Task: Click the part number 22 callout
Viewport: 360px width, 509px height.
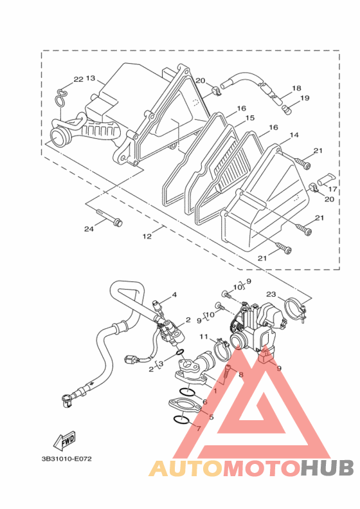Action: tap(78, 79)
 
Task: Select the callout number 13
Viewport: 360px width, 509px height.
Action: tap(91, 79)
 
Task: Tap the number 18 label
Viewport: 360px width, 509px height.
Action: tap(296, 88)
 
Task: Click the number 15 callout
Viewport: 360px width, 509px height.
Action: tap(249, 118)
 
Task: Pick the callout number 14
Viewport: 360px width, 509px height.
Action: tap(294, 134)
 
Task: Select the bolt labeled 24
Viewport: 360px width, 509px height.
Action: tap(109, 217)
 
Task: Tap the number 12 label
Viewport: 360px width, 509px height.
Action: tap(147, 236)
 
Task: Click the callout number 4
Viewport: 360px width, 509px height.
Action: tap(174, 295)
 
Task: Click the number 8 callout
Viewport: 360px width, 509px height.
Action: tap(240, 375)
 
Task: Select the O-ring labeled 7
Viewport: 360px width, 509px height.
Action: tap(181, 420)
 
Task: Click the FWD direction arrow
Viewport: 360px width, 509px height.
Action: tap(65, 441)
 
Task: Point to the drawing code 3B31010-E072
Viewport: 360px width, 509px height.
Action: tap(66, 459)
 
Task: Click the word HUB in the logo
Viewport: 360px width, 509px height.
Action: tap(327, 468)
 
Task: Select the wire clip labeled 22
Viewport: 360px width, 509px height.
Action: tap(61, 97)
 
